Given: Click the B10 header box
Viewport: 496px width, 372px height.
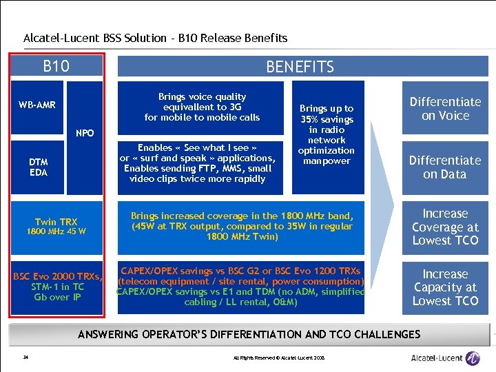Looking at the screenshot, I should click(x=56, y=66).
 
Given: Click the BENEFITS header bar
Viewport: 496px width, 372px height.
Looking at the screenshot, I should click(x=300, y=67).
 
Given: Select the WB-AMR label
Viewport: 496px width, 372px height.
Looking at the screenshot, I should click(x=38, y=105).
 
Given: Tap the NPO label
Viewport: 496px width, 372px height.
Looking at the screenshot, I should click(x=85, y=132).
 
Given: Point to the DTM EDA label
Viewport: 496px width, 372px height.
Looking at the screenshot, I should click(x=39, y=167).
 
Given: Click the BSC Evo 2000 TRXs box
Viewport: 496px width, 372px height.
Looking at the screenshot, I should click(x=57, y=287).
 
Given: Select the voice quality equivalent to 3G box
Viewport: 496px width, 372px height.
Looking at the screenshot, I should click(x=202, y=107).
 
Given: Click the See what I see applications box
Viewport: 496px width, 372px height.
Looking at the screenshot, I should click(x=202, y=163).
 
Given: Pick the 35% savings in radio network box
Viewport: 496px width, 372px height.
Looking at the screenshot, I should click(x=327, y=135).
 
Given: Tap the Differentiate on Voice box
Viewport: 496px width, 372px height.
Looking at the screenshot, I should click(x=445, y=109).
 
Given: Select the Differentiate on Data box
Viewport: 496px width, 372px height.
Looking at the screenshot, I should click(x=445, y=167).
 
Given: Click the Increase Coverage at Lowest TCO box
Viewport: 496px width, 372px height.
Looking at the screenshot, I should click(x=445, y=227).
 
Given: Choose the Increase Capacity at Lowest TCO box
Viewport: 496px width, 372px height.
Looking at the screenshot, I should click(x=445, y=287).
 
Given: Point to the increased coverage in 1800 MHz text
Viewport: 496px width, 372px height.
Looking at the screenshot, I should click(x=241, y=226).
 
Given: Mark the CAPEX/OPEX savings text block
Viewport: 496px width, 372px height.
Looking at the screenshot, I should click(x=241, y=287).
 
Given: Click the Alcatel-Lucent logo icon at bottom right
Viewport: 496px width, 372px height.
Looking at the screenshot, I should click(x=473, y=358).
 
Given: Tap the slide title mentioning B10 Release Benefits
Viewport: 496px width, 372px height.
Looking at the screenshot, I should click(x=155, y=39).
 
